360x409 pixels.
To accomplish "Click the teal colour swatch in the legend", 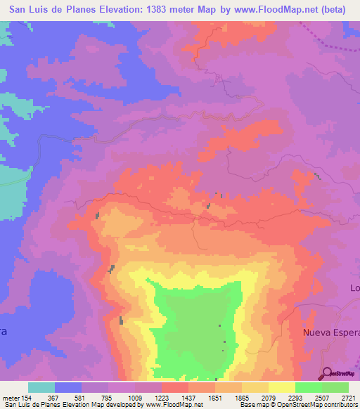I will tap(41, 388).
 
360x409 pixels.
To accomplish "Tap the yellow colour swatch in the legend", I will tap(281, 388).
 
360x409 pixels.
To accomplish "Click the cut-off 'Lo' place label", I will tap(354, 288).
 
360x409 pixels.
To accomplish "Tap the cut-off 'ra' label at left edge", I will tap(3, 333).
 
